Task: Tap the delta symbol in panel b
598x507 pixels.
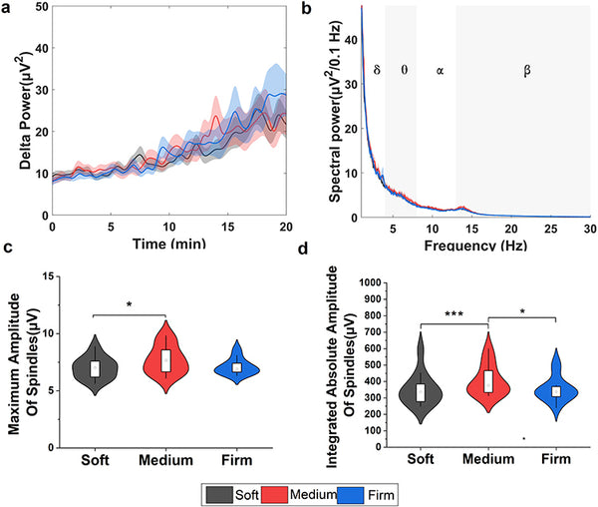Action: [x=377, y=71]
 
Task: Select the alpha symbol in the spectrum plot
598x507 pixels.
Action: [x=439, y=71]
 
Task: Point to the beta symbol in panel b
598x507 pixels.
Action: [x=526, y=71]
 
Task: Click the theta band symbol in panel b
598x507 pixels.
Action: [x=404, y=71]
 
